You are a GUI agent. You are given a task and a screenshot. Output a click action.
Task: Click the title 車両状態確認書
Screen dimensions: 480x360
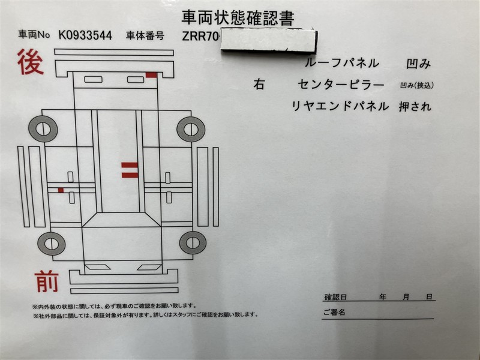pos(238,18)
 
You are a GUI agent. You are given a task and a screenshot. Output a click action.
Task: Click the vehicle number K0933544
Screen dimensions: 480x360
pos(85,35)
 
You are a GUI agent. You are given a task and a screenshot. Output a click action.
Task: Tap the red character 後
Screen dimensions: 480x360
pos(31,62)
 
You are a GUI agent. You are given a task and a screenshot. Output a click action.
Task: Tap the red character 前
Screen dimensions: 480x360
pos(47,281)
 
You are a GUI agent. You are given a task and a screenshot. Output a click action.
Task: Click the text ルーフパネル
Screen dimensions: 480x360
pos(342,63)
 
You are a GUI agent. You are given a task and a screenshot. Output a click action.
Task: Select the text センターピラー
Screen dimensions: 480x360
pos(341,84)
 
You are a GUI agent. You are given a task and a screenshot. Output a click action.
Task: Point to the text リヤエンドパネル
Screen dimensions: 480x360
pos(340,106)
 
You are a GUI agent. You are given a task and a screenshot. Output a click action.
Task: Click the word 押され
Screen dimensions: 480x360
pos(415,106)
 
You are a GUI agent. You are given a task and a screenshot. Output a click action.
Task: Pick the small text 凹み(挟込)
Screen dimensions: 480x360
pos(417,85)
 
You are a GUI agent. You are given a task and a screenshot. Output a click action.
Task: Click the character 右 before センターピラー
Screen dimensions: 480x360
pos(259,84)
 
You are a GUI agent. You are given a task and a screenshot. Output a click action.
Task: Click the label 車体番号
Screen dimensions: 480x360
pos(145,36)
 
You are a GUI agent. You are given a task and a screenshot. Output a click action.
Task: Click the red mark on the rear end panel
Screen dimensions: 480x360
pos(151,75)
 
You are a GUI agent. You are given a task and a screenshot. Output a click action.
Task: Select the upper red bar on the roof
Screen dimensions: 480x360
pos(130,166)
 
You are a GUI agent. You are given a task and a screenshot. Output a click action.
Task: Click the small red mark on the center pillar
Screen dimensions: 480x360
pos(61,190)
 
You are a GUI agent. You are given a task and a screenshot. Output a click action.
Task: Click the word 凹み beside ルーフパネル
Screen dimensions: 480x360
pos(418,64)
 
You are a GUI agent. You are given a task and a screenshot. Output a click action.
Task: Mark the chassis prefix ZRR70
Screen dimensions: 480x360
pos(200,37)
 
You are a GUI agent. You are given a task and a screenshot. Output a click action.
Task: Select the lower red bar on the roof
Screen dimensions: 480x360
pos(130,175)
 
